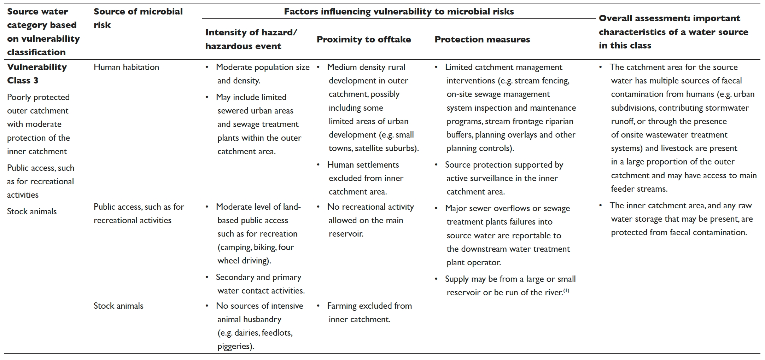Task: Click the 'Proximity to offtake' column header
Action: point(363,39)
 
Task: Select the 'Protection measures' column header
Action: point(482,39)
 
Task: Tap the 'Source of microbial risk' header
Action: point(138,18)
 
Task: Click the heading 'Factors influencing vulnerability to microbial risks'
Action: point(399,11)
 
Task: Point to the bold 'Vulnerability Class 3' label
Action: point(37,74)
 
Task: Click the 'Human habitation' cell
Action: point(126,67)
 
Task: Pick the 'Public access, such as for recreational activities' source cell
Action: point(139,214)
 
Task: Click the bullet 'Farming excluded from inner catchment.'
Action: point(369,313)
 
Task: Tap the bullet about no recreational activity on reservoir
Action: point(370,220)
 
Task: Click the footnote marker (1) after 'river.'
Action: point(566,291)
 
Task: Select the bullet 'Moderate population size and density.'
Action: point(262,74)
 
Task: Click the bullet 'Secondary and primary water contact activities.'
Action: point(260,284)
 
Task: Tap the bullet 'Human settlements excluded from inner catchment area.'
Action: point(365,178)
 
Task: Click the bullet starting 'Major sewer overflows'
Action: point(507,235)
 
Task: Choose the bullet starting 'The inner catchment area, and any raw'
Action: point(681,219)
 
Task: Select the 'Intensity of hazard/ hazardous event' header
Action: point(251,39)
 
